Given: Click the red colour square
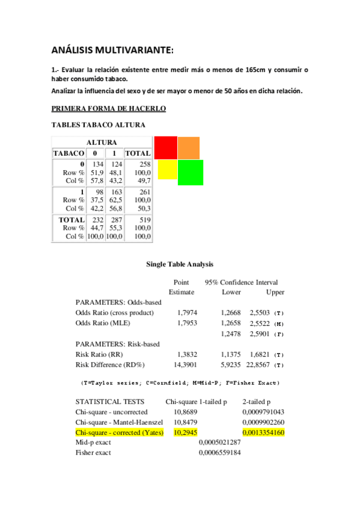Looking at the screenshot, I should click(165, 147).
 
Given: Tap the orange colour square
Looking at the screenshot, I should click(188, 148).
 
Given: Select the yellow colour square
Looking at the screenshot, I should click(167, 169).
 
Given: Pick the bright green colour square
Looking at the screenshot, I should click(190, 172).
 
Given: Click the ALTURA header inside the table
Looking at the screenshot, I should click(102, 143).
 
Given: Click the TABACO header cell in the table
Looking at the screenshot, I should click(69, 153).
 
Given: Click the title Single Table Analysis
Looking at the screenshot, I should click(180, 264).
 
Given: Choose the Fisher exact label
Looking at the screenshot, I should click(93, 453).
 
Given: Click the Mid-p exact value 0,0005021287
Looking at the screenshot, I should click(220, 443).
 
